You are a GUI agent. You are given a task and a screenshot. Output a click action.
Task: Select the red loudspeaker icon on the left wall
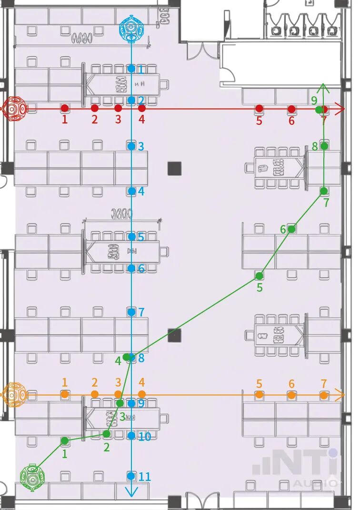coord(14,109)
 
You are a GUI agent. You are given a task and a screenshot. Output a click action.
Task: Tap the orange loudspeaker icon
coord(14,394)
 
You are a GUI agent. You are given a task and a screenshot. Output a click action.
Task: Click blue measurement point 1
coord(131,69)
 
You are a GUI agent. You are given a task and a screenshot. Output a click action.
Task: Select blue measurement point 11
coord(131,475)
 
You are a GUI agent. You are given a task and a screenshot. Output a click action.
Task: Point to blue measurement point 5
coord(131,236)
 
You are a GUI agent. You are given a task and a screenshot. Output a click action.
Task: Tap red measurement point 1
coord(65,108)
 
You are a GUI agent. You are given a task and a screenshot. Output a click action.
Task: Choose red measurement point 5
coord(259,109)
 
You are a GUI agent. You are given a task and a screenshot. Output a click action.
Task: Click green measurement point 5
coord(260,276)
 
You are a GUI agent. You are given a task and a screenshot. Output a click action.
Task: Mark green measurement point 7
coord(324,191)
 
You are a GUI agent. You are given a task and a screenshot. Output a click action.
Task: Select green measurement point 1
coord(65,441)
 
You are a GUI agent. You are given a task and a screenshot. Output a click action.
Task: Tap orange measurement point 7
coord(324,395)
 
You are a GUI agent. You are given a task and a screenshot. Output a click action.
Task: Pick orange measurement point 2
coord(95,394)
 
